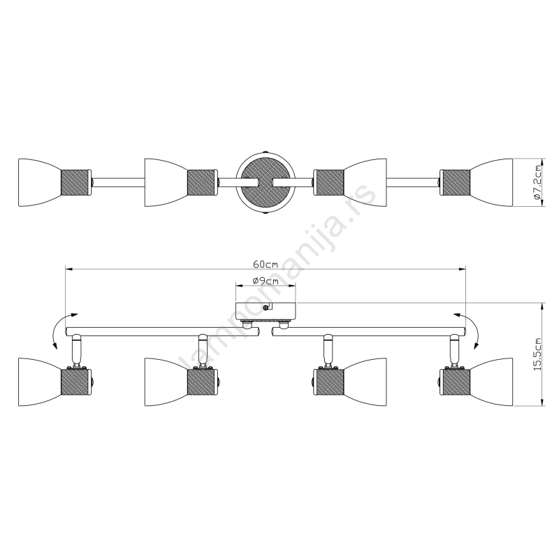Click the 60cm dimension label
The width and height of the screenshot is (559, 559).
[x=266, y=264]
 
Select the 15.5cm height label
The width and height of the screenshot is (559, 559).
[x=537, y=354]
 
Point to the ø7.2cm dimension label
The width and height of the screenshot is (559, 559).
[x=537, y=182]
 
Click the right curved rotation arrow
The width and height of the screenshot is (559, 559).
[x=471, y=328]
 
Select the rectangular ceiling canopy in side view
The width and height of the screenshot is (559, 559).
[x=266, y=312]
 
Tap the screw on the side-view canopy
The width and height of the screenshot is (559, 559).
[x=266, y=307]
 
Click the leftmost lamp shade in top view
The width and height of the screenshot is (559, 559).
[x=39, y=182]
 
